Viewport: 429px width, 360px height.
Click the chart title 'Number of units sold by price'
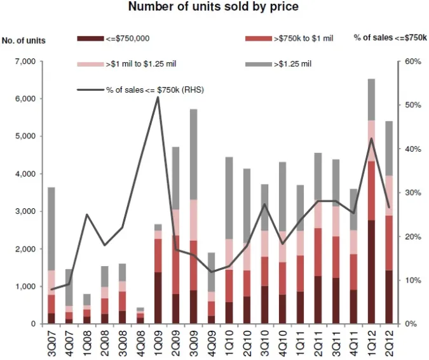[214, 8]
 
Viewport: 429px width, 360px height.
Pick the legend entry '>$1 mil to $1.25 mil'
[134, 64]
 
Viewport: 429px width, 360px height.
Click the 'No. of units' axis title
[24, 41]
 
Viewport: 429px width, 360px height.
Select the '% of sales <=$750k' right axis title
[390, 38]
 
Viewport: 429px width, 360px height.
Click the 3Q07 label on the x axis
[51, 343]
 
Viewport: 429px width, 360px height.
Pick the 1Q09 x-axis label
[158, 343]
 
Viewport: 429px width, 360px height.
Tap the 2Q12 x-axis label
[390, 343]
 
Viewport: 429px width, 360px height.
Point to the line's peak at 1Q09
[158, 97]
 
